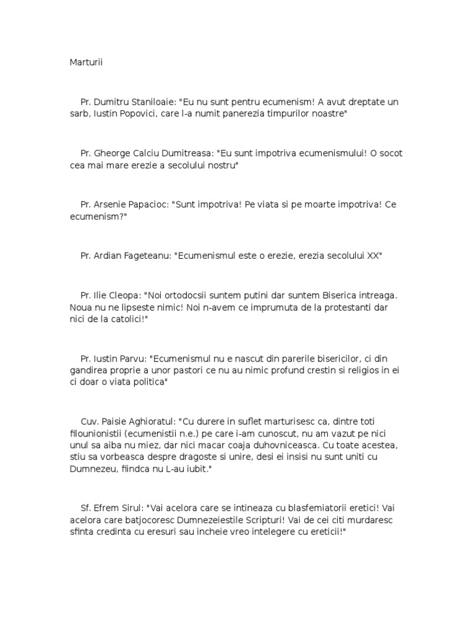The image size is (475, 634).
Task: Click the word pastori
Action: pos(221,371)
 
